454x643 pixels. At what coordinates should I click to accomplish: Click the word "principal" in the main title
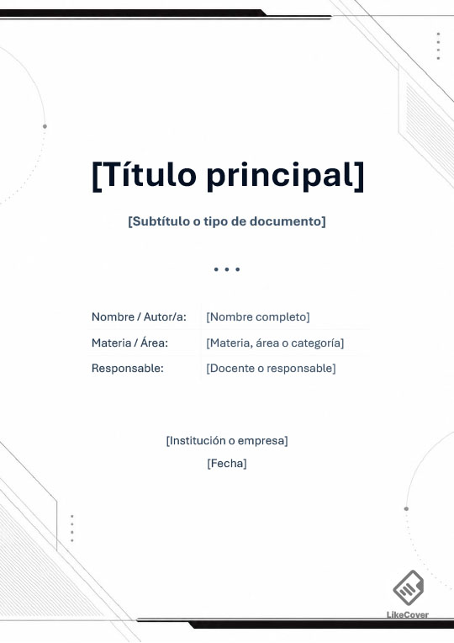(285, 176)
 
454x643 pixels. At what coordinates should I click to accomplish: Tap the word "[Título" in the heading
(145, 174)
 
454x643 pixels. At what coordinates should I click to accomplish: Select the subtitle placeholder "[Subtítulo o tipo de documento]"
(227, 221)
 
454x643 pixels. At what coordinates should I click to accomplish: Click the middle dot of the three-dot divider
(227, 269)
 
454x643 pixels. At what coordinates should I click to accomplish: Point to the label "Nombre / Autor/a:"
(139, 317)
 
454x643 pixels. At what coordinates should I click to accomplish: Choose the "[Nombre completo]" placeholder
(258, 317)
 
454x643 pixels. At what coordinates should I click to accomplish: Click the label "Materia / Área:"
(129, 343)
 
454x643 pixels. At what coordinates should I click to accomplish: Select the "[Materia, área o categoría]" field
(275, 343)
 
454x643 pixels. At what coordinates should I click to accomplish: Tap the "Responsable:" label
(128, 369)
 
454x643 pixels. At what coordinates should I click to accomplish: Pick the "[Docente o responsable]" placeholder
(271, 369)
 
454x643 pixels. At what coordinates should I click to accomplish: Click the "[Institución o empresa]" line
(227, 441)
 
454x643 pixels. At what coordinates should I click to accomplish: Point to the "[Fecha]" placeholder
(227, 464)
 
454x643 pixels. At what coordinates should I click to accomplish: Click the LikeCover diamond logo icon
(408, 587)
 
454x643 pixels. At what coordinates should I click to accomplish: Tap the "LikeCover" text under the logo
(408, 614)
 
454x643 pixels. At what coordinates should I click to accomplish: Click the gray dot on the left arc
(45, 126)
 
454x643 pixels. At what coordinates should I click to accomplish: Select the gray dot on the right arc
(406, 508)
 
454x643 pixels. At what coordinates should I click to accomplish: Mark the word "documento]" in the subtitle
(288, 221)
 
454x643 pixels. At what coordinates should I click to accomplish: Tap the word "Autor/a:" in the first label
(165, 317)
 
